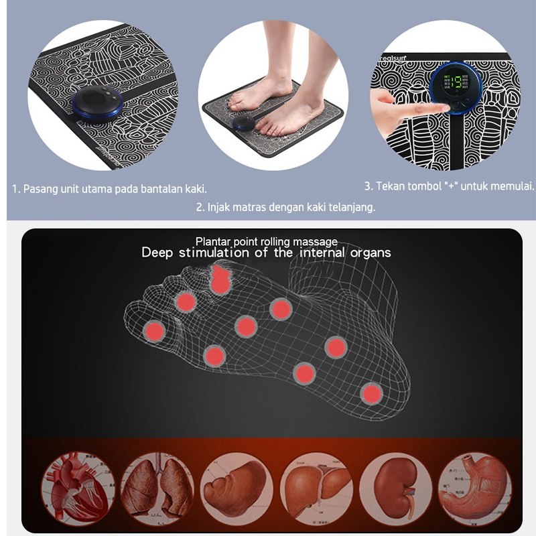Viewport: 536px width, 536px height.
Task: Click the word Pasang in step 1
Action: [x=38, y=189]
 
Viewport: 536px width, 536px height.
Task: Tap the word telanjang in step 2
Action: [x=352, y=207]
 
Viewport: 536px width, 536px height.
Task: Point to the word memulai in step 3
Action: [x=513, y=186]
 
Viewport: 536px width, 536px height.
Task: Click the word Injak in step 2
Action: [x=218, y=207]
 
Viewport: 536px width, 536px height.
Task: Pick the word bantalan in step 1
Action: [x=159, y=189]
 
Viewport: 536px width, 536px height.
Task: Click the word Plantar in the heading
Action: [x=211, y=241]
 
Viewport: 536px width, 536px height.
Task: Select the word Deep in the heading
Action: [x=157, y=253]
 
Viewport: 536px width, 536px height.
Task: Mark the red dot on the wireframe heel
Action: [x=371, y=393]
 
